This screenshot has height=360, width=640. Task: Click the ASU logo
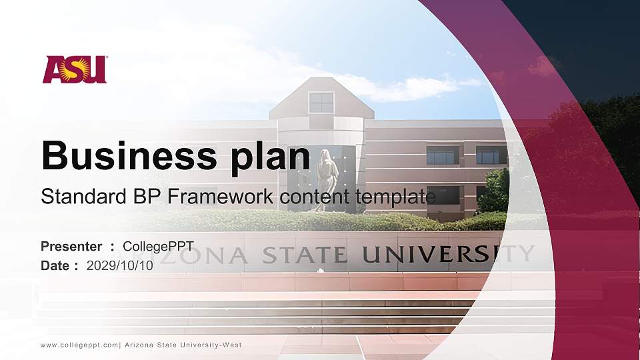(x=75, y=69)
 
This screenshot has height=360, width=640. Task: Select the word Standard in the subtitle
(x=75, y=197)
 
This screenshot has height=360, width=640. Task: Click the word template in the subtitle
(x=397, y=197)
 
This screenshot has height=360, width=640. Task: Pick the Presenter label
(x=71, y=247)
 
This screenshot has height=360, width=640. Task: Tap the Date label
(x=55, y=265)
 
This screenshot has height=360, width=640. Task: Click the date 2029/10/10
(x=120, y=265)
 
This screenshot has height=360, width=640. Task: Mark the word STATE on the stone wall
(x=304, y=255)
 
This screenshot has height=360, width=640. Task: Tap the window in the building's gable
(x=321, y=103)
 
